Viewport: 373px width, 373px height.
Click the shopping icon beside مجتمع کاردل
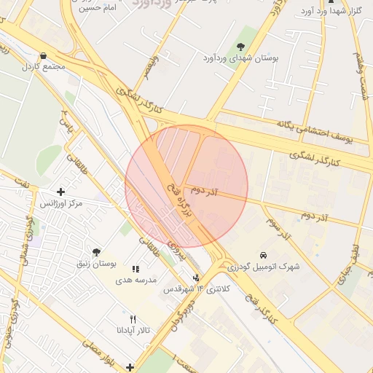point(44,55)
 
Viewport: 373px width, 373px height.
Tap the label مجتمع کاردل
point(44,66)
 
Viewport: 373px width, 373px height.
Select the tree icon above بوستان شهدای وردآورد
point(241,46)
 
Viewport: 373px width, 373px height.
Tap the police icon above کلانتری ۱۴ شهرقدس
point(196,278)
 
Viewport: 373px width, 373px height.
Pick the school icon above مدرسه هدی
point(135,270)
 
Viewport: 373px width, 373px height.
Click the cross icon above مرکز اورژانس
point(60,192)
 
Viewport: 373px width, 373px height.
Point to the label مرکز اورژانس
point(61,203)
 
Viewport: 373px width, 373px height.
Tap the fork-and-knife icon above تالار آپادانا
point(133,319)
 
